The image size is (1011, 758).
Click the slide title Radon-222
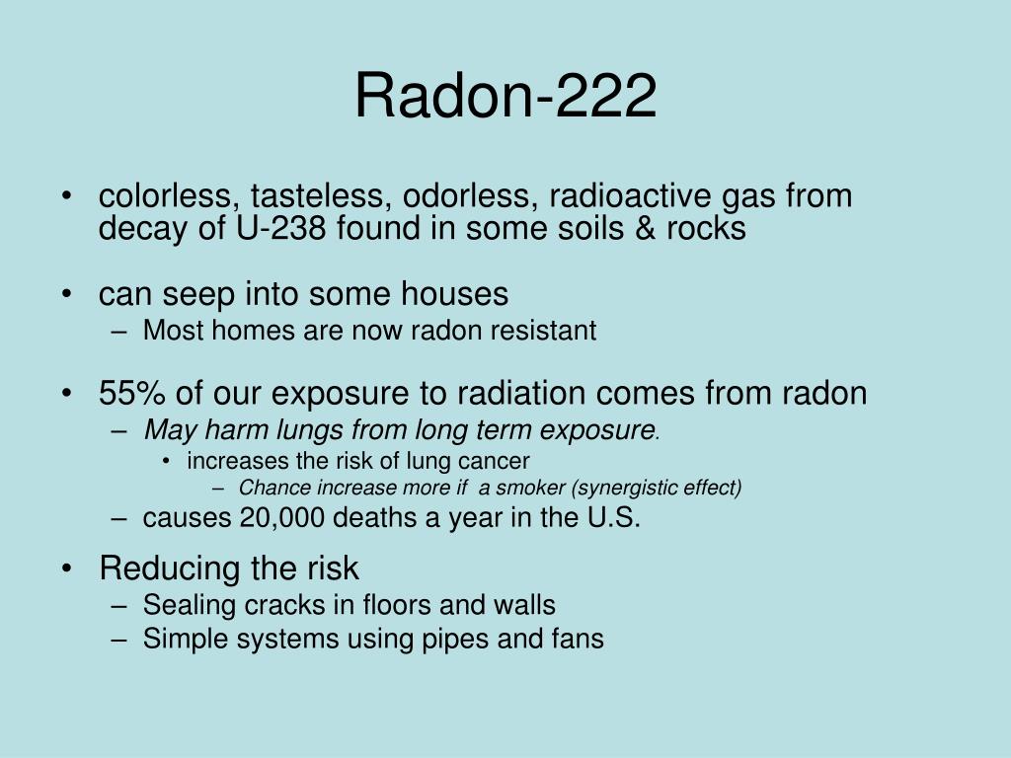505,95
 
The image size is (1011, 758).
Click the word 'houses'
454,293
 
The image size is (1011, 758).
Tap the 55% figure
131,393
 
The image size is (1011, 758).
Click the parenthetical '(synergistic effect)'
657,488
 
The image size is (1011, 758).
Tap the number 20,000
281,517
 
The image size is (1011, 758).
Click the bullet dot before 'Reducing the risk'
66,568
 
